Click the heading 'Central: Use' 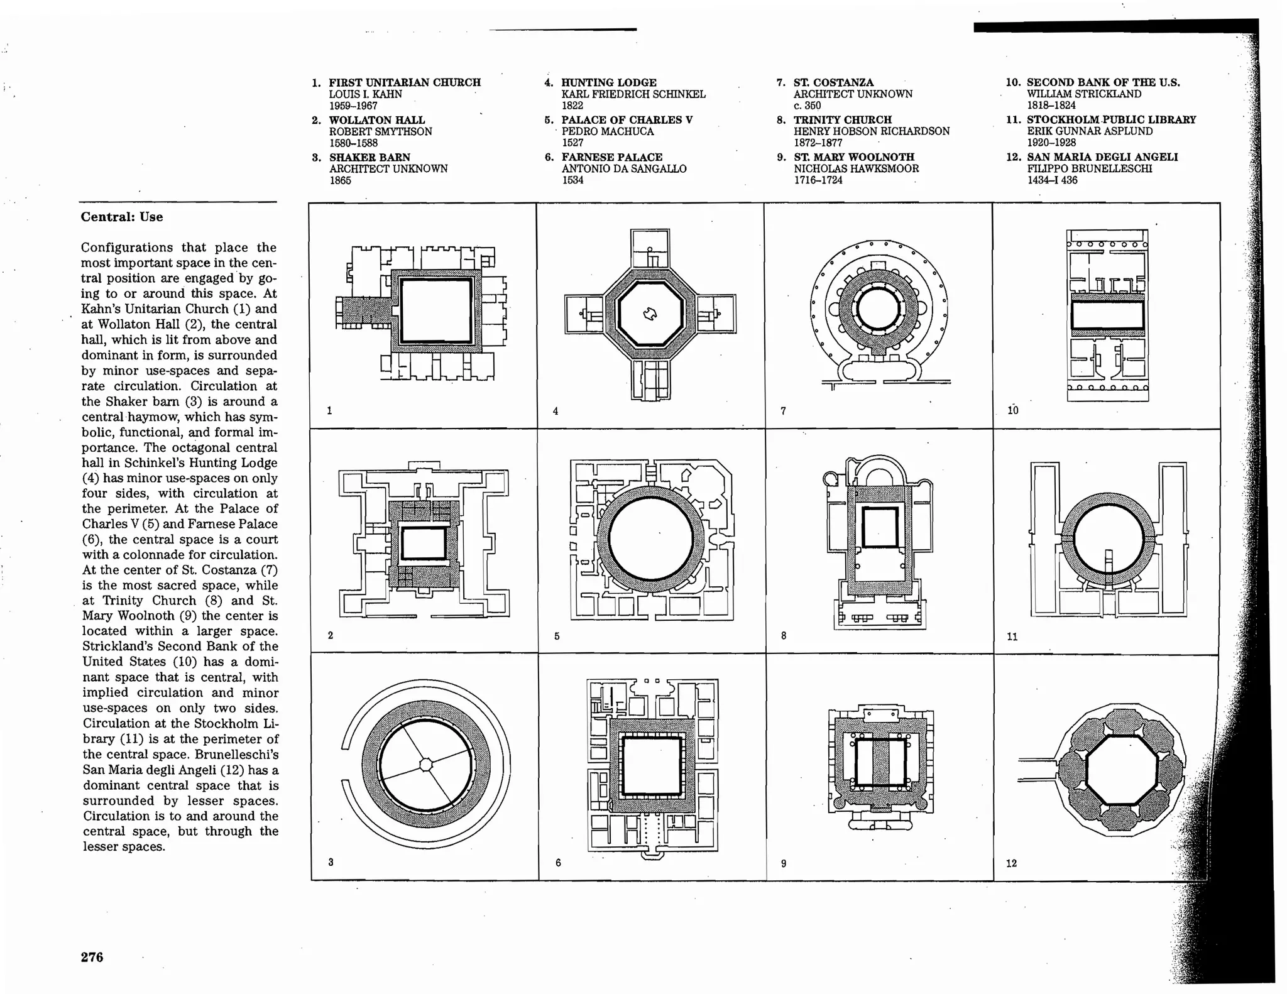tap(122, 217)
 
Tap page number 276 tap(92, 957)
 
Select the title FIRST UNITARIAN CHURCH tap(405, 82)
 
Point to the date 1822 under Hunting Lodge tap(572, 106)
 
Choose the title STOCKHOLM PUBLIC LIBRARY tap(1111, 119)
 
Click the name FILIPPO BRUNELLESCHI tap(1089, 168)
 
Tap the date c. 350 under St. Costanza tap(807, 106)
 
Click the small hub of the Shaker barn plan tap(426, 764)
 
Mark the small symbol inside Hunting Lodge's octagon tap(650, 314)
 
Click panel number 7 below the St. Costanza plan tap(783, 411)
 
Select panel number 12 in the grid tap(1011, 863)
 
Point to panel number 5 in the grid tap(557, 636)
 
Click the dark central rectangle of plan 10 tap(1107, 315)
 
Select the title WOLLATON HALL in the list tap(376, 119)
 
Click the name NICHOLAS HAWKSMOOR tap(856, 168)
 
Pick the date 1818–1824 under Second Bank tap(1051, 106)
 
